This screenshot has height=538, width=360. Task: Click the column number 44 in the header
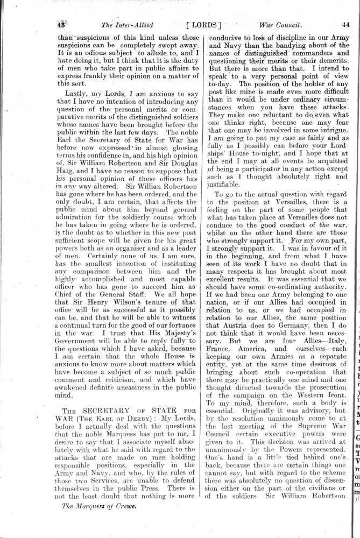[x=345, y=25]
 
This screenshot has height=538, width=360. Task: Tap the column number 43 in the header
[x=61, y=25]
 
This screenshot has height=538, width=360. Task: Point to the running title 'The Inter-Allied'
[x=126, y=25]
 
